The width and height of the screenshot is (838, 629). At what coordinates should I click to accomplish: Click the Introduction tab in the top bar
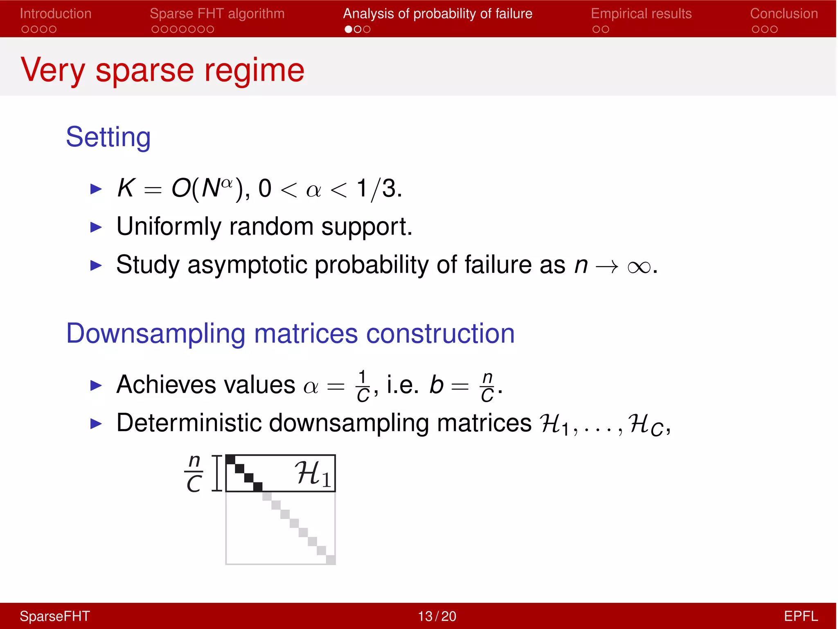click(x=55, y=14)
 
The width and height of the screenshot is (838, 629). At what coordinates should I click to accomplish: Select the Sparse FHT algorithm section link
click(x=217, y=14)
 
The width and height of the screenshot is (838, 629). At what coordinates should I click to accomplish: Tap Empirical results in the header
click(x=641, y=14)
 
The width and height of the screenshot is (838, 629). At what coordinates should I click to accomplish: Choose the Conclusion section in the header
click(x=784, y=14)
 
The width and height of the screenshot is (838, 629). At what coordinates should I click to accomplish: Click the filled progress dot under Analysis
click(x=348, y=29)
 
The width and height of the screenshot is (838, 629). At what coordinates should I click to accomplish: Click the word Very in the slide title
click(x=53, y=70)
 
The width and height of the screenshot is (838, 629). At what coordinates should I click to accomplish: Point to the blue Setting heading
click(x=108, y=137)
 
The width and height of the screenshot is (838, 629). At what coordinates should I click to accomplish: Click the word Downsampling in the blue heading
click(x=156, y=334)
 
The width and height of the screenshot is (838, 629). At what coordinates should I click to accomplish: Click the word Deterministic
click(x=189, y=423)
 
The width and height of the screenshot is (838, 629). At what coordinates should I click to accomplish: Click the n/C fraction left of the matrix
click(x=194, y=473)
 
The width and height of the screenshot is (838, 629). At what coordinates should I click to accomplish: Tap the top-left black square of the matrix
click(x=230, y=459)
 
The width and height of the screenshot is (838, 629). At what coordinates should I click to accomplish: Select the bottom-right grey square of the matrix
click(x=331, y=559)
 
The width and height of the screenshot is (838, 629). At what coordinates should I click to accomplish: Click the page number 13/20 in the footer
click(x=437, y=616)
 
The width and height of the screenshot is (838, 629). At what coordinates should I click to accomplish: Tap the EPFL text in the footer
click(x=800, y=616)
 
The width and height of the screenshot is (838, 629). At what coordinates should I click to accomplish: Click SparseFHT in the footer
click(x=55, y=616)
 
